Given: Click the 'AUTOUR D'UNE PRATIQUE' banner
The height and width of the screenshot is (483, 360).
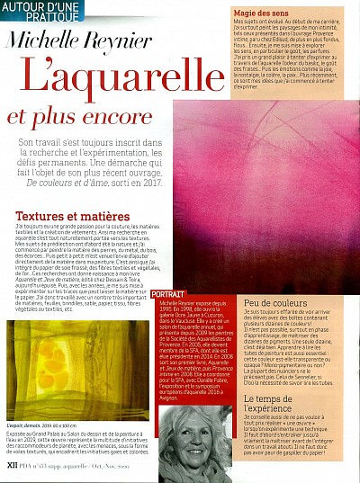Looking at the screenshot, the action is click(36, 13).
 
